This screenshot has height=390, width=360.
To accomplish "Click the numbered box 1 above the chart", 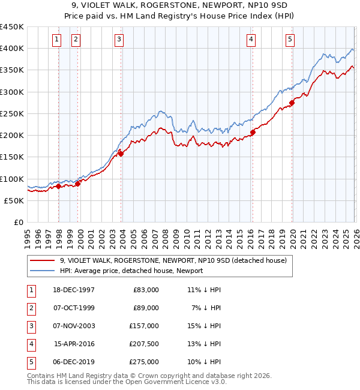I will click(x=56, y=40).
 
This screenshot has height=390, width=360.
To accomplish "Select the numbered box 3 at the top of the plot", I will click(x=119, y=40).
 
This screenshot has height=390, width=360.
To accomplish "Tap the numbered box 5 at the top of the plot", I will click(x=290, y=40).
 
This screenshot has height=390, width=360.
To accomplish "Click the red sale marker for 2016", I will click(x=253, y=133).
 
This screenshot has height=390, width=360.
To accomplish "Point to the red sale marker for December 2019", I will click(x=292, y=103).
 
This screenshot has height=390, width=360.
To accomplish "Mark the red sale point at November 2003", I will click(x=121, y=154).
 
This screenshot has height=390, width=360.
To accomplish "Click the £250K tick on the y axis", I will click(x=12, y=113).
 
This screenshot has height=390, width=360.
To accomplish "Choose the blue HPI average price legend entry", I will click(x=131, y=271).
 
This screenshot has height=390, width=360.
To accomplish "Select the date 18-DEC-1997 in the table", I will click(x=74, y=290).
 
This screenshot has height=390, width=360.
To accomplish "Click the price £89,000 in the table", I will click(x=145, y=308).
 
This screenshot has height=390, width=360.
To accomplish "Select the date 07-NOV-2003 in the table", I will click(x=74, y=326).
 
